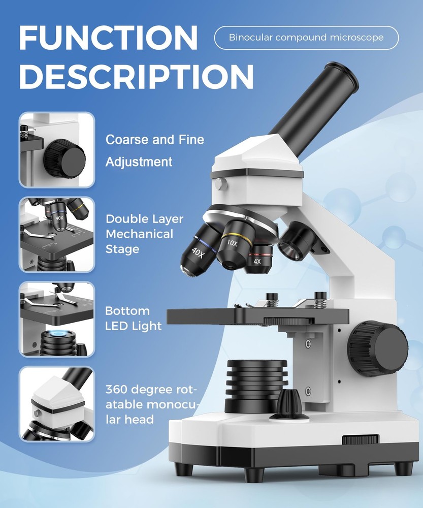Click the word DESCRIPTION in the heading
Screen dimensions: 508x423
[136, 77]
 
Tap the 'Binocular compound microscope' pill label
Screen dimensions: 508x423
[306, 38]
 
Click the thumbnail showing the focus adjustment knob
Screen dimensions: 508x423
[57, 150]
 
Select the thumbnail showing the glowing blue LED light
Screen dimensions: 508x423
[57, 319]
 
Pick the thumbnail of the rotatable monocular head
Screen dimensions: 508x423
[57, 404]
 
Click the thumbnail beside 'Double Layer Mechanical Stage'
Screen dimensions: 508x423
[57, 235]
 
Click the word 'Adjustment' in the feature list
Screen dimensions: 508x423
[139, 162]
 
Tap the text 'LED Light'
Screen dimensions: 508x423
[133, 326]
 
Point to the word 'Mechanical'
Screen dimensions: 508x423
[139, 234]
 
